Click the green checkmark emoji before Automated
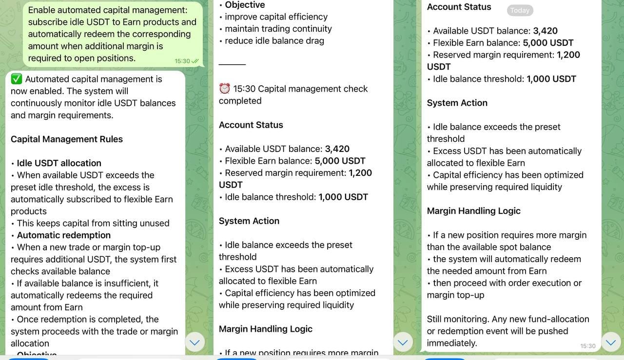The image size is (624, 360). (x=17, y=79)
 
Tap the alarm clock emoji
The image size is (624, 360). (x=224, y=89)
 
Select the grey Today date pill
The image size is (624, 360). (x=520, y=10)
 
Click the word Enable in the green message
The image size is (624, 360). (x=42, y=10)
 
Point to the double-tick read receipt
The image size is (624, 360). (x=195, y=61)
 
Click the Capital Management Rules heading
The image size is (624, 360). (x=67, y=139)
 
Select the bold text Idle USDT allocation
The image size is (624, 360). (x=59, y=163)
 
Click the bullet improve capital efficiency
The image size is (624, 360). (x=276, y=17)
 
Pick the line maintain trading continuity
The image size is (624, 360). (x=278, y=29)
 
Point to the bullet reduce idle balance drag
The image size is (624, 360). (x=274, y=41)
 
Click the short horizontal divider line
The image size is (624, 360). (x=232, y=64)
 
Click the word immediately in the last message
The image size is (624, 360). (x=451, y=343)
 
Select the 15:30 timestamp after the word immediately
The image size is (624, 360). (x=587, y=346)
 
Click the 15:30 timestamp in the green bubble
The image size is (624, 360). (x=182, y=61)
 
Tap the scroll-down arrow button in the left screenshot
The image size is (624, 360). (x=195, y=342)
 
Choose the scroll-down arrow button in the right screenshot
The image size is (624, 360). (x=611, y=342)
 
